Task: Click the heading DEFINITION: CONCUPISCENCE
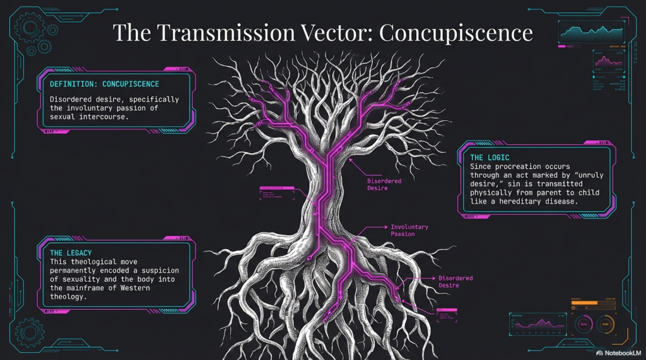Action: (x=104, y=84)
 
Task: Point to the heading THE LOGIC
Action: (x=490, y=157)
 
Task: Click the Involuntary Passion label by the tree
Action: (x=409, y=230)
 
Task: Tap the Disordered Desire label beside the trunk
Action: (x=384, y=184)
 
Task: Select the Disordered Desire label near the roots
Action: (x=455, y=282)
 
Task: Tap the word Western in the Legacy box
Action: (x=154, y=287)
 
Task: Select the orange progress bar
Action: (x=584, y=303)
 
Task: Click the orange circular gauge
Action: (x=605, y=324)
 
